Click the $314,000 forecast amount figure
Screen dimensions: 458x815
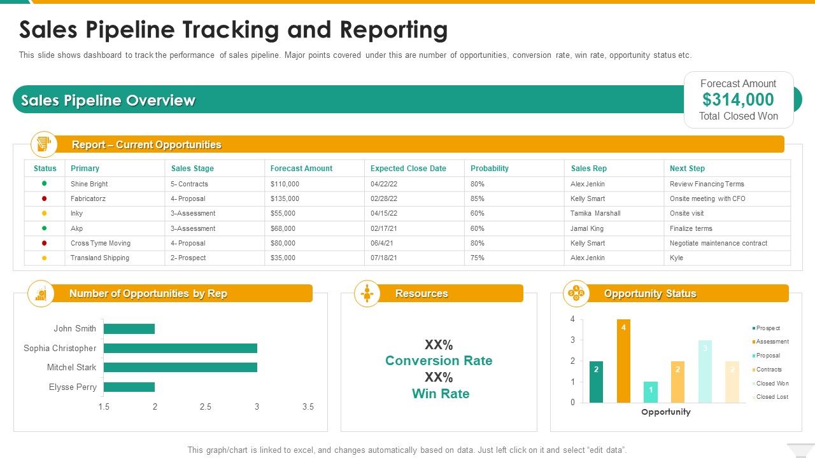tap(738, 100)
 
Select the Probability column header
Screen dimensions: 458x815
tap(489, 169)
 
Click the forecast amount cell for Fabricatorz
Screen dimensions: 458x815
tap(285, 198)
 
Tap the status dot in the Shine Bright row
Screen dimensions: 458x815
tap(45, 183)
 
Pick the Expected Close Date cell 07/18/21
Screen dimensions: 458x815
tap(383, 258)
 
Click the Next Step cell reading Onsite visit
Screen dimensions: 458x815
tap(686, 213)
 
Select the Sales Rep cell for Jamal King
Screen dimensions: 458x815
tap(587, 228)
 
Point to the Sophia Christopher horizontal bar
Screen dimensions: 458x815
tap(180, 348)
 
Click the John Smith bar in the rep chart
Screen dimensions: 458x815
tap(129, 329)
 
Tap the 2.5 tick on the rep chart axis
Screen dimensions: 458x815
tap(206, 407)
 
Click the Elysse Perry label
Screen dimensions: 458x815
tap(73, 387)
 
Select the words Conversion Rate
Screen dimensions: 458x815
tap(439, 361)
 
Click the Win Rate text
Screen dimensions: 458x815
tap(440, 394)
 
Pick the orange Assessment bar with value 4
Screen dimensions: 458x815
tap(623, 361)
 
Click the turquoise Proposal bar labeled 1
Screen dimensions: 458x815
tap(650, 392)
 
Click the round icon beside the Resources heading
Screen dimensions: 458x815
tap(367, 293)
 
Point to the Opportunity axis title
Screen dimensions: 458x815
tap(665, 412)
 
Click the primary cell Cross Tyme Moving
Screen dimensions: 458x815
tap(100, 243)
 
